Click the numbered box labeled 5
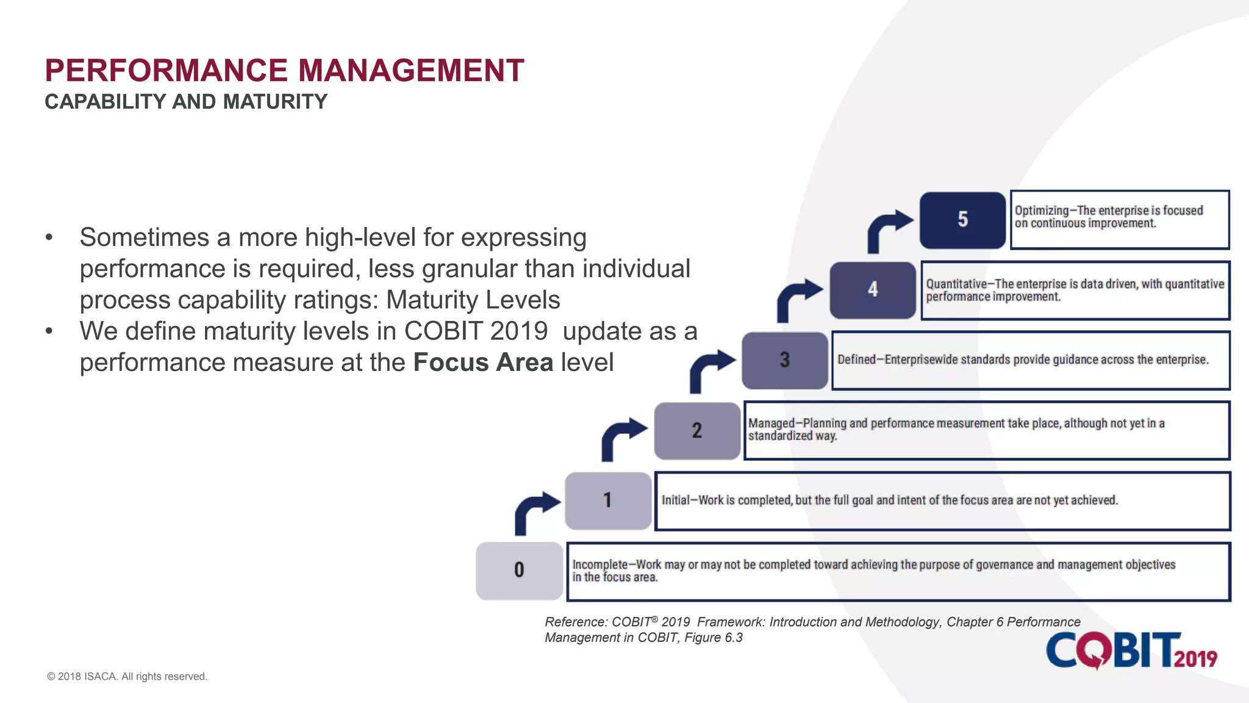(x=962, y=220)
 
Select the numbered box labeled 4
(x=873, y=290)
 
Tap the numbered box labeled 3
(x=785, y=360)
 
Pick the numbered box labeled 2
(x=697, y=431)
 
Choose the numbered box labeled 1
(x=608, y=500)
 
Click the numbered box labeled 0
(x=519, y=571)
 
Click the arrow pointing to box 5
(x=887, y=229)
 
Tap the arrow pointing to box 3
(x=710, y=369)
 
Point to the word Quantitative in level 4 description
(x=956, y=284)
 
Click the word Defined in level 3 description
(x=856, y=359)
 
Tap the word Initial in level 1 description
(x=675, y=500)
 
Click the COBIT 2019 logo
(x=1131, y=651)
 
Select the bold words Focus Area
(x=483, y=362)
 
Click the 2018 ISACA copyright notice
(x=127, y=676)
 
